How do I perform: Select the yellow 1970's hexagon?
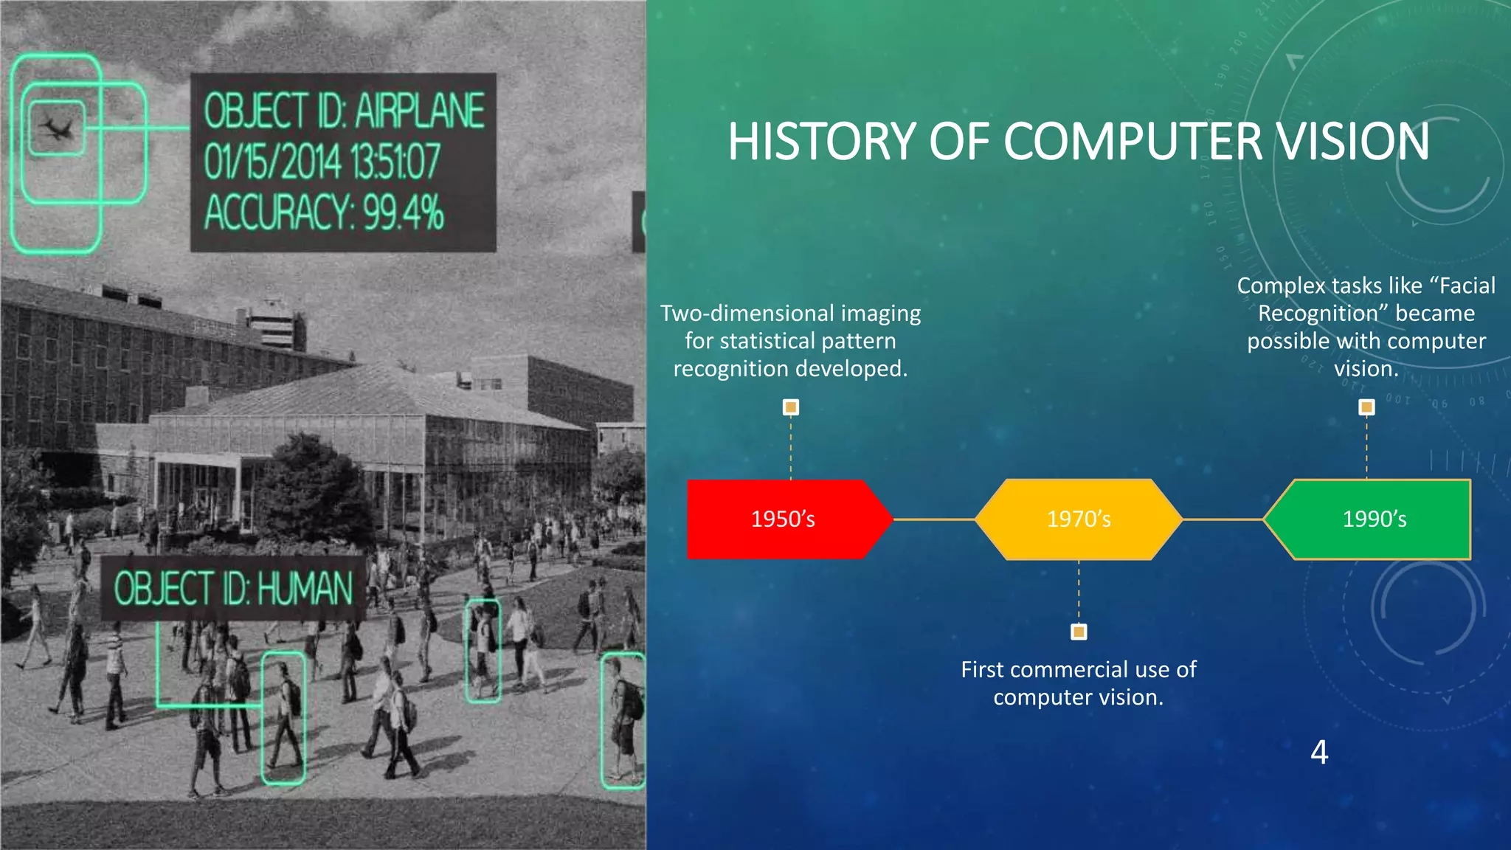(x=1079, y=519)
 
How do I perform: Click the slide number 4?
(x=1319, y=752)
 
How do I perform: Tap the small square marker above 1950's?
(x=791, y=407)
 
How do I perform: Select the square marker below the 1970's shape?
(x=1079, y=632)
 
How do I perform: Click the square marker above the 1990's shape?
(x=1366, y=407)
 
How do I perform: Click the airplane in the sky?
(x=56, y=128)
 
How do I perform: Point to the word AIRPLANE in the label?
(x=419, y=111)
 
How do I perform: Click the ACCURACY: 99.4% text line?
(x=324, y=212)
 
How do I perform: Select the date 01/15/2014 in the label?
(x=272, y=162)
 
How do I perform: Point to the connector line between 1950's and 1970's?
(x=934, y=519)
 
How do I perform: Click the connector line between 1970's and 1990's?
(x=1223, y=519)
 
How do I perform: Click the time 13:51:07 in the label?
(x=395, y=162)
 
